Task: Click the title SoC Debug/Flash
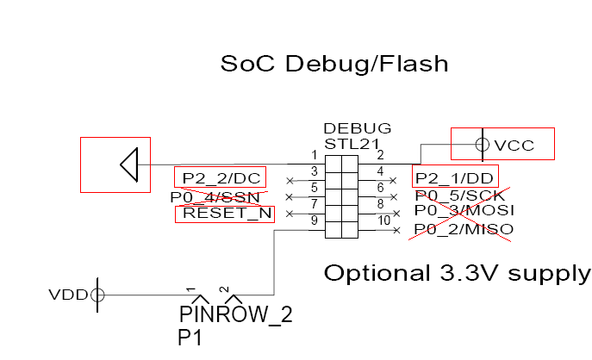334,65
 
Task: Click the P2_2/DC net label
220,178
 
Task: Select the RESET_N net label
224,213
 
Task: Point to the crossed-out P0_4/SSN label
215,197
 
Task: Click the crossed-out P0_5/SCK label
459,196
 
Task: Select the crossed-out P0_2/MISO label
464,229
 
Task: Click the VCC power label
514,146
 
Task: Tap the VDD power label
69,295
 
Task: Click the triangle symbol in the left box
129,164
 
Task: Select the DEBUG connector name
358,127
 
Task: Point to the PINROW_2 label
235,314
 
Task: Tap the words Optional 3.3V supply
457,274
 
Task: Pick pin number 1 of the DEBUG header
315,155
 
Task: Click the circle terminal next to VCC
483,146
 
